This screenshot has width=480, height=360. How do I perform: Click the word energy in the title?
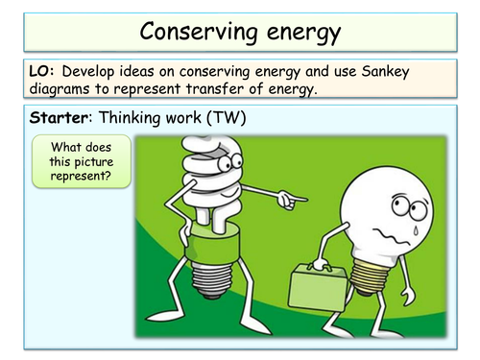[x=297, y=34]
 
